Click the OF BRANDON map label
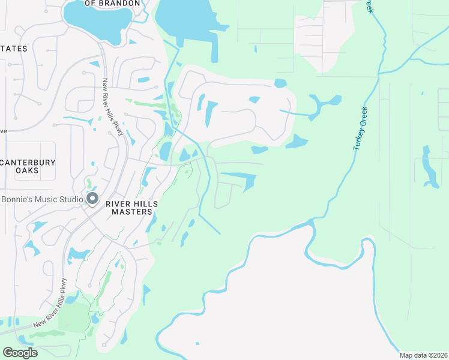click(112, 4)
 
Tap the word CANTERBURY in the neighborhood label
click(28, 163)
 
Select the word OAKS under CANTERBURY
click(28, 171)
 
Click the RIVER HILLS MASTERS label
click(131, 208)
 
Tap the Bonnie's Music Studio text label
click(41, 199)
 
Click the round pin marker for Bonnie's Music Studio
click(92, 199)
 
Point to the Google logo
click(20, 353)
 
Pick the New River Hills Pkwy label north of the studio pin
click(112, 107)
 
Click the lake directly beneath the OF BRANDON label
click(96, 17)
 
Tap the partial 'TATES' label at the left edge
click(13, 48)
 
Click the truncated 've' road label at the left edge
click(3, 130)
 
